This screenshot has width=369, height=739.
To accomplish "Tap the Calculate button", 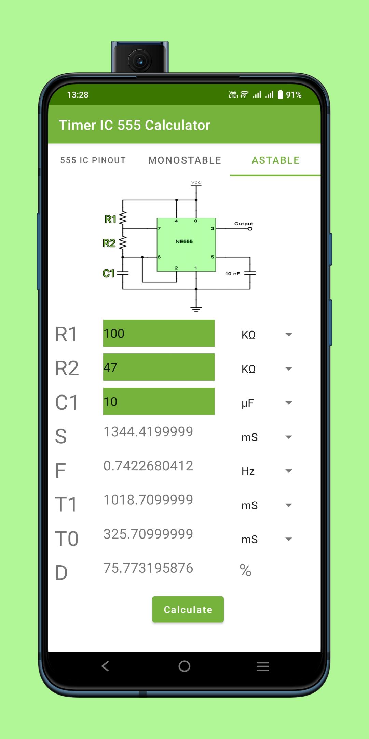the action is click(x=188, y=609).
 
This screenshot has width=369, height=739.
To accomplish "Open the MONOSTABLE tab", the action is click(x=185, y=160).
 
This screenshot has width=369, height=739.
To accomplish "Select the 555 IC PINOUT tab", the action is click(x=93, y=160).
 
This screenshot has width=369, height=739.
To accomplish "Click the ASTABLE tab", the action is click(x=275, y=160).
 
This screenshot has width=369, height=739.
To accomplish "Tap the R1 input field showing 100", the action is click(x=159, y=333).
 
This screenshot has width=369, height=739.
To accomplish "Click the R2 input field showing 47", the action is click(x=159, y=367).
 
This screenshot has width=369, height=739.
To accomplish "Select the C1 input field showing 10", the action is click(x=159, y=401).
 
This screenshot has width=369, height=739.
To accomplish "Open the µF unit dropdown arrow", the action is click(x=289, y=403).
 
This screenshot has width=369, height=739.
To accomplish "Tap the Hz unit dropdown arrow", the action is click(x=289, y=471).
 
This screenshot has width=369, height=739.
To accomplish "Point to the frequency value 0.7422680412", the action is click(x=148, y=466).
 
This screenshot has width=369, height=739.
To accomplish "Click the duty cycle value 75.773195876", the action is click(x=148, y=568).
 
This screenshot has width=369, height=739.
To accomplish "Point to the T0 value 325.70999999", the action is click(x=148, y=534).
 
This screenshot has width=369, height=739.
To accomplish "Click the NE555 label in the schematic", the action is click(x=184, y=241).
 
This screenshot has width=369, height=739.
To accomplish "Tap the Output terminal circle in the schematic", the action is click(x=250, y=229).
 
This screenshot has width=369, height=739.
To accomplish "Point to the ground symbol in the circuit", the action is click(x=196, y=309).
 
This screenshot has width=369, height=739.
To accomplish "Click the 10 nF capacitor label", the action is click(x=232, y=274).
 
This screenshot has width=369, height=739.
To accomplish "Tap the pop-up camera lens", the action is click(x=140, y=61).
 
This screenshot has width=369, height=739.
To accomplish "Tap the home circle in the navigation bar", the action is click(x=184, y=666).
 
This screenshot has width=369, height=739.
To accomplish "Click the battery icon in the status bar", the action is click(x=281, y=94).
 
